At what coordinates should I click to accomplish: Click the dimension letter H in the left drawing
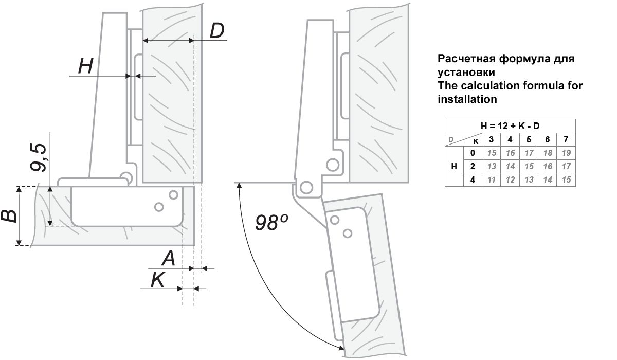click(85, 66)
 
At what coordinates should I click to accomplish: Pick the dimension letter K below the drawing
click(158, 280)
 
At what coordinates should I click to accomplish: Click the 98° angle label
click(271, 222)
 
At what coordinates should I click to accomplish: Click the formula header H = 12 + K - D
click(510, 126)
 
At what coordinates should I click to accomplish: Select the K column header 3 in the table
click(491, 139)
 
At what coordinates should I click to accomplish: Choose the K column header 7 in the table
click(566, 139)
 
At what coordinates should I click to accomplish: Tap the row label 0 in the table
click(472, 153)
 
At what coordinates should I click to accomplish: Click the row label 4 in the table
click(472, 179)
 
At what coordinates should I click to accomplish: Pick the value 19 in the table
click(566, 153)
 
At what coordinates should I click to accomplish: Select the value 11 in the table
click(491, 179)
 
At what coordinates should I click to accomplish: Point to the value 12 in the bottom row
click(510, 179)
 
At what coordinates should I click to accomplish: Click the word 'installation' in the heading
click(467, 99)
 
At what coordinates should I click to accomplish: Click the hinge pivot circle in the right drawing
click(308, 186)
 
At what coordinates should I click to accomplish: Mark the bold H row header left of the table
click(453, 166)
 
